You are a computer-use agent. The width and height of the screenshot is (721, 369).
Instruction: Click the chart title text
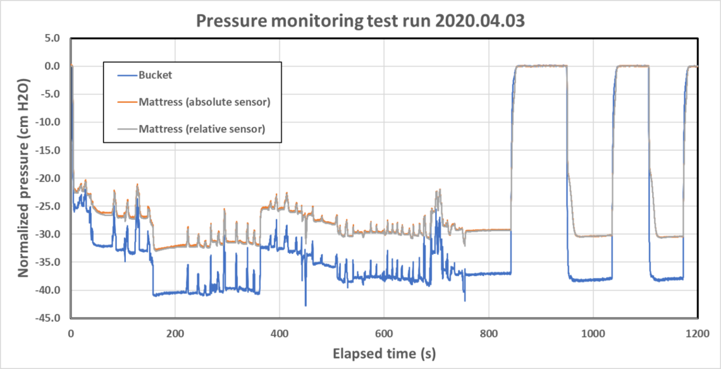[360, 21]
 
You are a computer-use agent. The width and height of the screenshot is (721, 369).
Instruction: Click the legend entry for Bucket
[155, 75]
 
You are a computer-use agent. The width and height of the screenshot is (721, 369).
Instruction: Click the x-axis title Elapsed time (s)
[384, 352]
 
